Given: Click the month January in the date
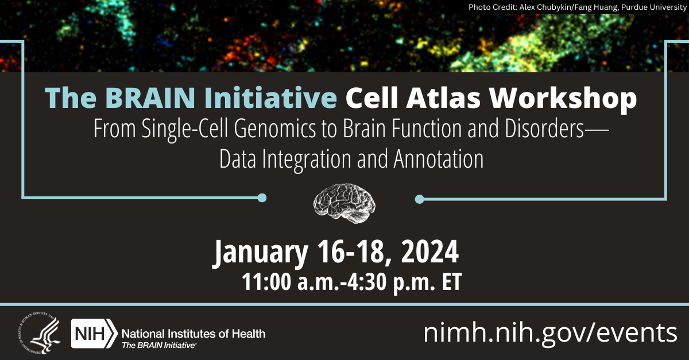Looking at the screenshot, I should pyautogui.click(x=262, y=253).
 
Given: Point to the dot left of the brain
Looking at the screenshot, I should pyautogui.click(x=262, y=198).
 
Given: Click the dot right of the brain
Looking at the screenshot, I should pyautogui.click(x=419, y=199).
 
